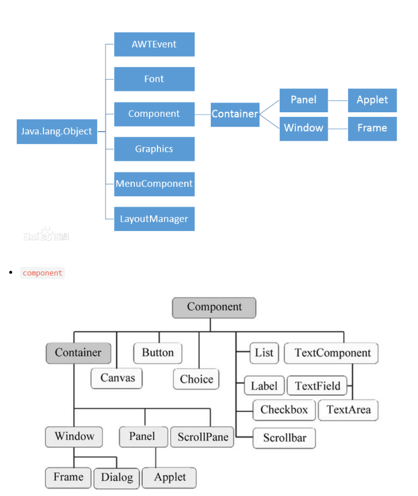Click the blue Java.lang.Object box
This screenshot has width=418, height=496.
click(57, 131)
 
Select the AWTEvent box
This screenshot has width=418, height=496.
click(154, 45)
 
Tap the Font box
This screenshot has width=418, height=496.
click(154, 79)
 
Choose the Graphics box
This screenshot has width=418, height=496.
click(154, 149)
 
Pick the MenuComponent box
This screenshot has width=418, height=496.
click(154, 183)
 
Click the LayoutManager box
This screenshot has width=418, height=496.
click(154, 219)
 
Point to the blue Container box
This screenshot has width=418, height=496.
click(234, 114)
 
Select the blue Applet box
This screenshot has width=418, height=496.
click(372, 100)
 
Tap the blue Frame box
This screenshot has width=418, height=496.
click(372, 128)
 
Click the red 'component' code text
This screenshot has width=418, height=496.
click(42, 273)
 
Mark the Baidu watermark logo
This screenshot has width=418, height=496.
click(46, 235)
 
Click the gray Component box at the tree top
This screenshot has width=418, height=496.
click(214, 307)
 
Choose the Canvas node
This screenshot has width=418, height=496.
click(117, 378)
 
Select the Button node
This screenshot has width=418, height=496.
click(157, 352)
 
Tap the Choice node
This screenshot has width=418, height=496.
click(196, 379)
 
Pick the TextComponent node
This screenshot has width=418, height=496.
click(332, 353)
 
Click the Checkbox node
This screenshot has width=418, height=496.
click(284, 410)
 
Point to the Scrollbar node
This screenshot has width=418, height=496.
click(284, 438)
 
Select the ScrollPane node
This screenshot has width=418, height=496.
click(203, 437)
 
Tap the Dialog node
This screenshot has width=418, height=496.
click(116, 477)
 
